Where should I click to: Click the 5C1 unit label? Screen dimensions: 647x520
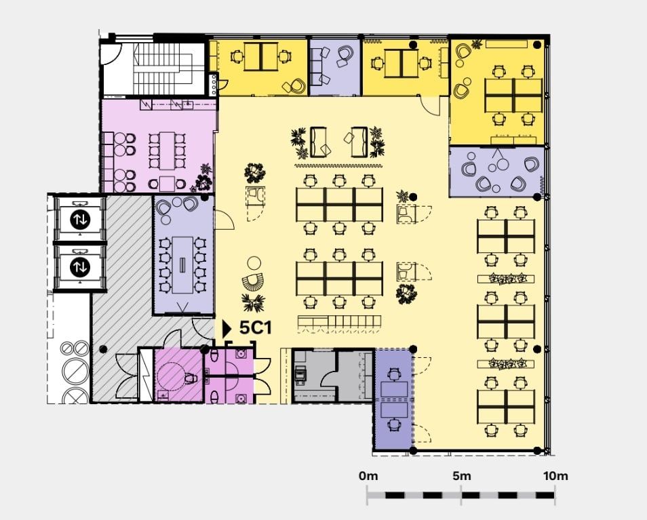[x=256, y=328]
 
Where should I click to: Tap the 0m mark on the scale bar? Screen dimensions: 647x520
[x=368, y=476]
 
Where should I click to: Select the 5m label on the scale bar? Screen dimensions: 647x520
[x=462, y=476]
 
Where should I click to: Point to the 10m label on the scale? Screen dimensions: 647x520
[x=555, y=476]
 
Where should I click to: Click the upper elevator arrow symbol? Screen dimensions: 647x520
[x=79, y=220]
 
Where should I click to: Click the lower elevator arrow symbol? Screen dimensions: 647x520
[x=79, y=267]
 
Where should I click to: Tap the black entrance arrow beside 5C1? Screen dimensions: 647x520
[x=227, y=328]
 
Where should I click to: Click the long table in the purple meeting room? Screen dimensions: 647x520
[x=182, y=264]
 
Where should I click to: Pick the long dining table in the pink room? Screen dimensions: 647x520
[x=167, y=151]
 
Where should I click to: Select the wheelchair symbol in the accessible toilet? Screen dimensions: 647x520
[x=189, y=378]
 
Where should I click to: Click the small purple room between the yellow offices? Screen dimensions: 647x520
[x=335, y=67]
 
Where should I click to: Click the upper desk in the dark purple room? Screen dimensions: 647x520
[x=394, y=389]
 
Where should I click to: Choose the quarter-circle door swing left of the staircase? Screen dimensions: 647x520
[x=111, y=54]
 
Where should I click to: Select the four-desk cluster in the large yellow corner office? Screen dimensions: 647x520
[x=513, y=96]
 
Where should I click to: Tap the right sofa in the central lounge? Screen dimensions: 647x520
[x=359, y=142]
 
